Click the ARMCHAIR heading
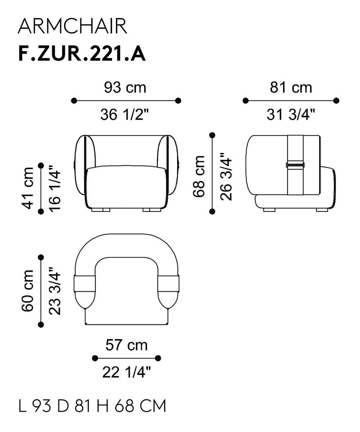click(72, 26)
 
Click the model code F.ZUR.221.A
click(82, 54)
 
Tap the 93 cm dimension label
click(125, 87)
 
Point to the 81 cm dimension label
click(291, 87)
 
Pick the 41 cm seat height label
click(27, 188)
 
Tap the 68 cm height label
click(199, 176)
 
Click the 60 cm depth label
click(27, 291)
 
